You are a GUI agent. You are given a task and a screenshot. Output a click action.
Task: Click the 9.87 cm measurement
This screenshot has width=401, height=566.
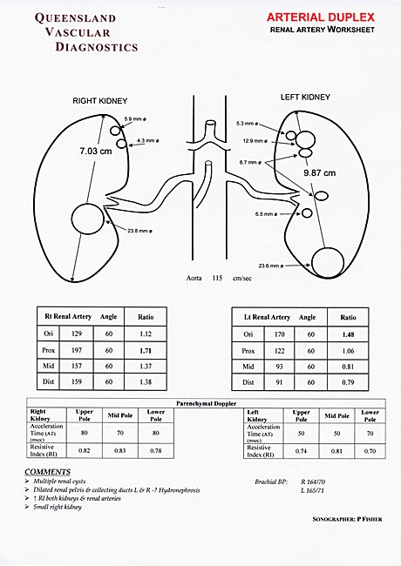click(319, 173)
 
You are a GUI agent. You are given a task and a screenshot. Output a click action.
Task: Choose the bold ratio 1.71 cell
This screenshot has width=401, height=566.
click(146, 349)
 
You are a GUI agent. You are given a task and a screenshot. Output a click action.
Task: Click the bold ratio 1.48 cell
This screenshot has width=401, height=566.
click(348, 334)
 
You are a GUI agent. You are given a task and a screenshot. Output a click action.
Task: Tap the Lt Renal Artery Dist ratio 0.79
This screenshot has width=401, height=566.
click(348, 382)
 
